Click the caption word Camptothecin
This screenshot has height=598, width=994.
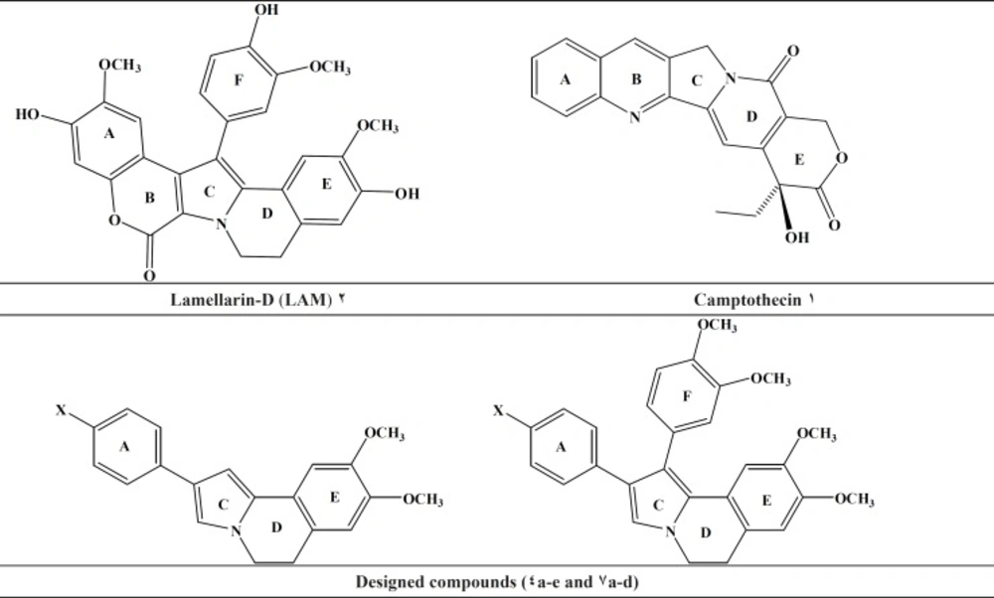coord(747,300)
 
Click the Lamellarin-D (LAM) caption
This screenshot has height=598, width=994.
coord(251,300)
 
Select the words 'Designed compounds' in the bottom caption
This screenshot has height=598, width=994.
coord(435,581)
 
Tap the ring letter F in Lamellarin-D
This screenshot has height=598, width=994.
coord(239,80)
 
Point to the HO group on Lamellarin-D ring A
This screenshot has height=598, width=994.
coord(27,114)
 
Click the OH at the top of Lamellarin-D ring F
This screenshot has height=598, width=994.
coord(266,10)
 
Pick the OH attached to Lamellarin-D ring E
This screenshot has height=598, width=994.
coord(407,194)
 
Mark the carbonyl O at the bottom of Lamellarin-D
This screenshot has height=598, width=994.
coord(149,275)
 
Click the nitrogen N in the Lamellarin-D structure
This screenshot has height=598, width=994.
coord(221,224)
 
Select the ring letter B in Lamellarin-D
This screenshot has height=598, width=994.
coord(150,198)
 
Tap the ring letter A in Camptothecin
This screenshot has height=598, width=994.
coord(565,79)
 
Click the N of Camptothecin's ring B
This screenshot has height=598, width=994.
coord(634,117)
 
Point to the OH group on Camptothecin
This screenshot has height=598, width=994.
coord(797,237)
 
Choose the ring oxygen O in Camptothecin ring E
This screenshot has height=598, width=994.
coord(841,158)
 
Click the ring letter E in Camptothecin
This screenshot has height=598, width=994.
coord(799,160)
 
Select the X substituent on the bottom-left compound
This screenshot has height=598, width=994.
coord(61,410)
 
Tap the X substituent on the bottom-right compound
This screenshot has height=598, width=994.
coord(498,410)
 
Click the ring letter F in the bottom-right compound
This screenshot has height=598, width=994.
coord(687,396)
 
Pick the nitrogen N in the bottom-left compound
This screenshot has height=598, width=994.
coord(236,530)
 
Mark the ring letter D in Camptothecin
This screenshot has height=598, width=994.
coord(751,116)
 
